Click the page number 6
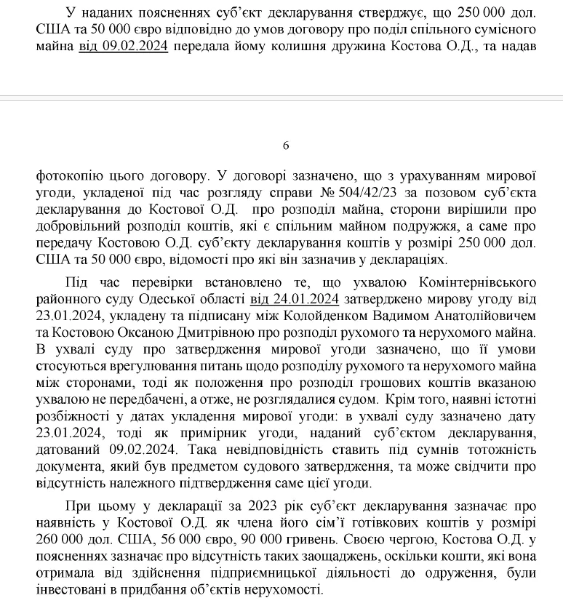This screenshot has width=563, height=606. (x=285, y=145)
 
